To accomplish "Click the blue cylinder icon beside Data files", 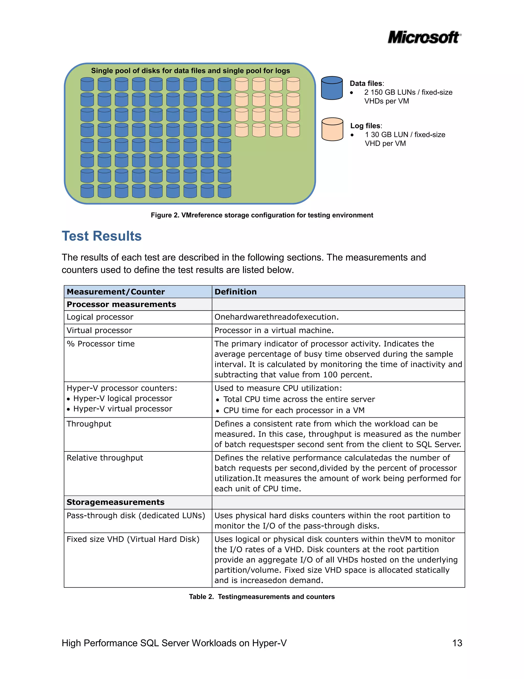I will [332, 88].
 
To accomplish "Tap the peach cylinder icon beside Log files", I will [332, 129].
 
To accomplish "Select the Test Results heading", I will [102, 236].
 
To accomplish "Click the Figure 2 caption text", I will [262, 215].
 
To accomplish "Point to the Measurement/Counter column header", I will [115, 292].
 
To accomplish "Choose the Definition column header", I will [235, 292].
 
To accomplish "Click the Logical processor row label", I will [100, 317].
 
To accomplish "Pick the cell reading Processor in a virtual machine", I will [274, 330].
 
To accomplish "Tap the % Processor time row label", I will [101, 344].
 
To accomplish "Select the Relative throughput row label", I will [105, 458].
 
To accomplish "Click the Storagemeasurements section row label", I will [115, 502].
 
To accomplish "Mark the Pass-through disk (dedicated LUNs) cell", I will [136, 516].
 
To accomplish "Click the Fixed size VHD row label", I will [133, 539].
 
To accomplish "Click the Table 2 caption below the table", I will [262, 596].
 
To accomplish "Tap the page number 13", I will [457, 643].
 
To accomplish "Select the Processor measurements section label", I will [121, 304].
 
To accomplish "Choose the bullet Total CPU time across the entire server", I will [299, 399].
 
